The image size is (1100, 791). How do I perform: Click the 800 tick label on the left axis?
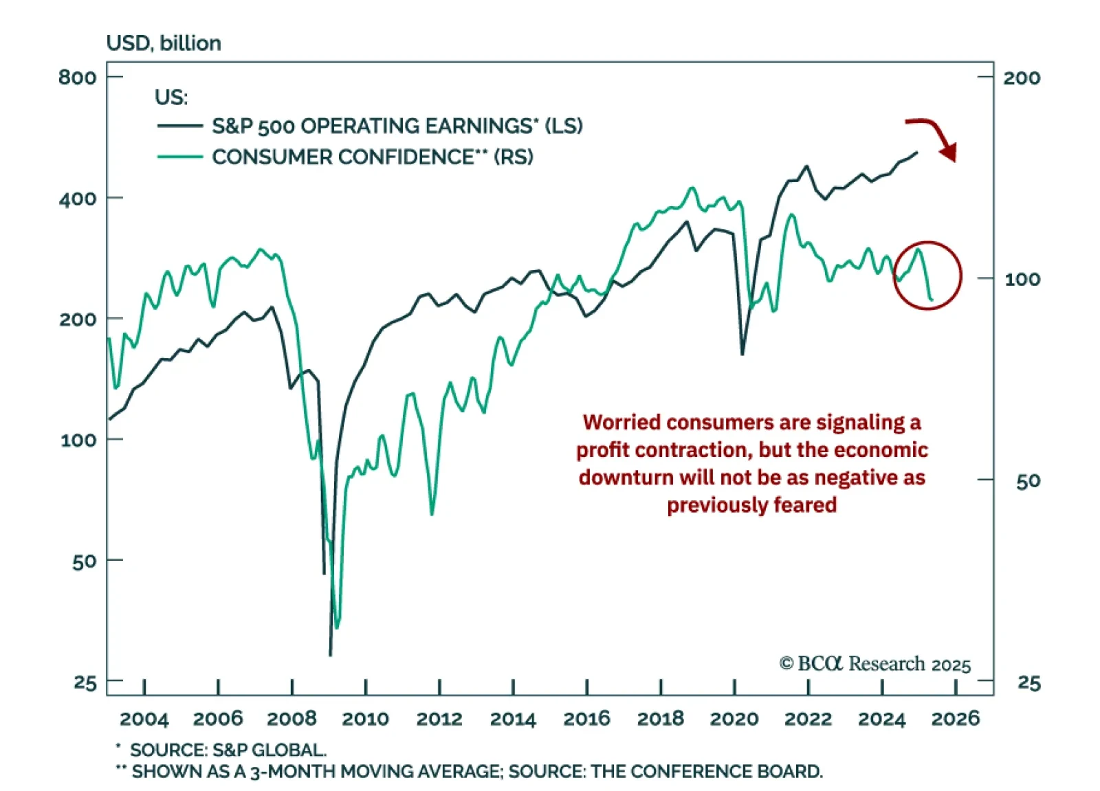click(x=77, y=77)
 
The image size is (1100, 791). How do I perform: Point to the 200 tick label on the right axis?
click(x=1021, y=78)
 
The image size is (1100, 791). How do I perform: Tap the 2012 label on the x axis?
click(x=439, y=719)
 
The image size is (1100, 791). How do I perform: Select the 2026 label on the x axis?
click(x=955, y=719)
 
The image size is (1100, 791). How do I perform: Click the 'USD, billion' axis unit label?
click(x=164, y=43)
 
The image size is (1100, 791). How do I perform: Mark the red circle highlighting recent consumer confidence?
click(x=927, y=276)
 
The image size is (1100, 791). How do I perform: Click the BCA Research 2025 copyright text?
click(x=874, y=664)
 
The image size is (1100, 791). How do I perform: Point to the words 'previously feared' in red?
click(x=751, y=505)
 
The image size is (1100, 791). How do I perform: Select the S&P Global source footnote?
click(x=227, y=750)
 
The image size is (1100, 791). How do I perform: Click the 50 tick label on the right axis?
click(x=1028, y=481)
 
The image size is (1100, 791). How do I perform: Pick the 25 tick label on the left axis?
click(x=85, y=682)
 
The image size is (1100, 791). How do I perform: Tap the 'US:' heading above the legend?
click(x=171, y=98)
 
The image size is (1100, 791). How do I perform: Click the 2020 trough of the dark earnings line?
click(x=742, y=354)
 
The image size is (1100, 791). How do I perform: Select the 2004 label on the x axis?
click(x=144, y=719)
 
